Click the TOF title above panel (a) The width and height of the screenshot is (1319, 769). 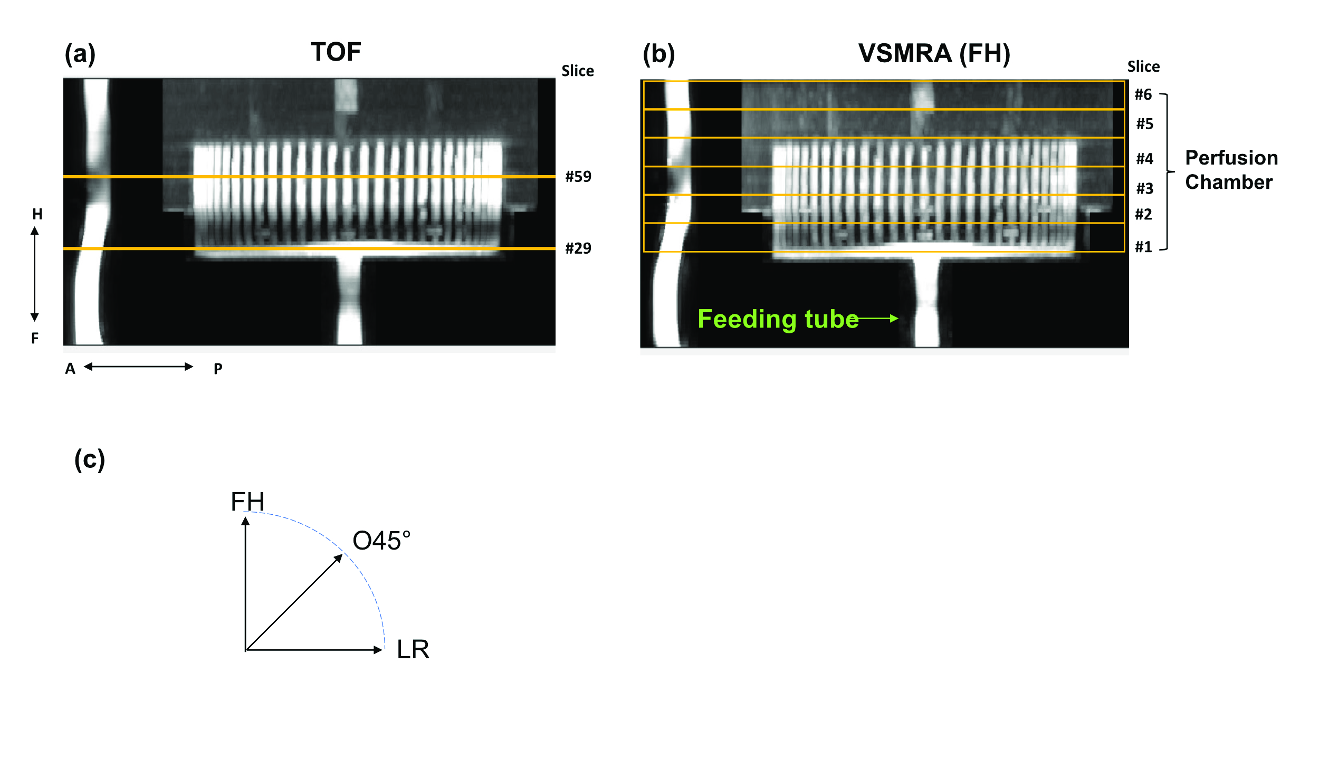[336, 52]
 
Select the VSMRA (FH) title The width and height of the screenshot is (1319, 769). [934, 54]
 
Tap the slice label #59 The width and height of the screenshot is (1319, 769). [578, 177]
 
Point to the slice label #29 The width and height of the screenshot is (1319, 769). [578, 248]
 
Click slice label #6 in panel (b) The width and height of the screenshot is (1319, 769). [1143, 95]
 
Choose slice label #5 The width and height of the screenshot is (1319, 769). [1144, 124]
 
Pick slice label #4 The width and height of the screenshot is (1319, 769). [1144, 159]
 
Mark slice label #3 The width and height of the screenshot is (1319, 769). [1144, 189]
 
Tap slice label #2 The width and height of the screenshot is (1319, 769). [1143, 215]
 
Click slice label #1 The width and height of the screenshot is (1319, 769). [1143, 247]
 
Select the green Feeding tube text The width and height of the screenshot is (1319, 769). [778, 319]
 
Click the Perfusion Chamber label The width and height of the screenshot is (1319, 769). [1231, 170]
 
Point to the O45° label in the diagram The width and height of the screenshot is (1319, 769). [381, 541]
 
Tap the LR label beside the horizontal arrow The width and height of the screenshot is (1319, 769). [413, 650]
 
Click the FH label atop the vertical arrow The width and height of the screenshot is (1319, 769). [247, 502]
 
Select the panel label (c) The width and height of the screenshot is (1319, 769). [90, 460]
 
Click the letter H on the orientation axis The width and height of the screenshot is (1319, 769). [37, 215]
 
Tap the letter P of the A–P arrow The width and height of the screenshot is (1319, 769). [218, 369]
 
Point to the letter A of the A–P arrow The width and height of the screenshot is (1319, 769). [70, 369]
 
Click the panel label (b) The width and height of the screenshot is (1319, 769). [658, 54]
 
